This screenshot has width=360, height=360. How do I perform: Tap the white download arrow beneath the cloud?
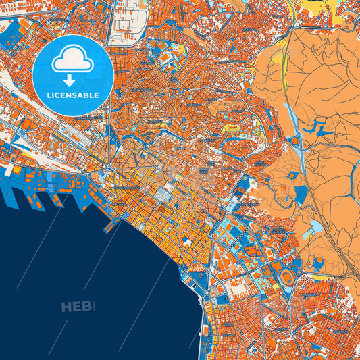point(72,80)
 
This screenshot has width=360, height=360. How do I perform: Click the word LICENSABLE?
point(72,95)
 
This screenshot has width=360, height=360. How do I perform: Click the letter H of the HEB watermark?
point(67,307)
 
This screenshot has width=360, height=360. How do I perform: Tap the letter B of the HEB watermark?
point(86,307)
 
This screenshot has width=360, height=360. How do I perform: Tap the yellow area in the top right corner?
point(324,8)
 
